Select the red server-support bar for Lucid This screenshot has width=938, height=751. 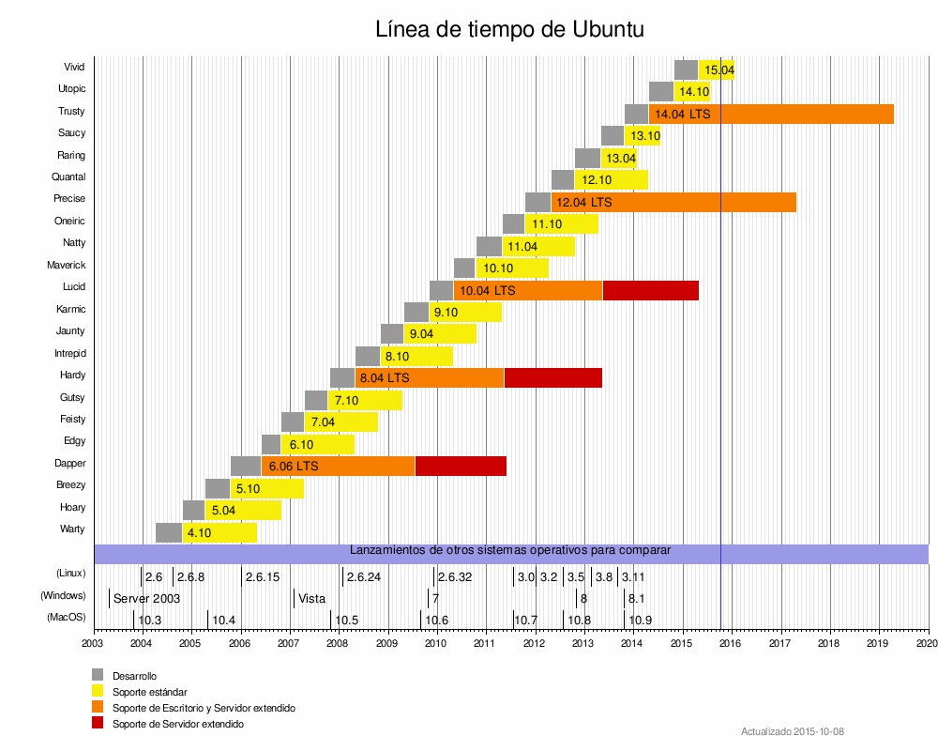click(650, 290)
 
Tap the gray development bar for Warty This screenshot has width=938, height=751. click(169, 532)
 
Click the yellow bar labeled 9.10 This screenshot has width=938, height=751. click(465, 312)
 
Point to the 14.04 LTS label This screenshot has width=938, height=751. click(682, 114)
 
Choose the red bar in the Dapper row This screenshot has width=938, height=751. click(461, 466)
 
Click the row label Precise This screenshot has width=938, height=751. click(69, 199)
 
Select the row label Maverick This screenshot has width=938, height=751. click(67, 265)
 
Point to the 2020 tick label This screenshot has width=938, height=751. click(927, 643)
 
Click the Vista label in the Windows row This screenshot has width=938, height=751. click(311, 598)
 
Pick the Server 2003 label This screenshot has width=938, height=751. click(146, 598)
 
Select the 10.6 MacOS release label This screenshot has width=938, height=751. click(437, 620)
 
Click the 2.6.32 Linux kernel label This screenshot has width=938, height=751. click(455, 576)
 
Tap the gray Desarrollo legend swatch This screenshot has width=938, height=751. click(98, 675)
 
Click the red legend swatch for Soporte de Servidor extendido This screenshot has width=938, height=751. click(98, 724)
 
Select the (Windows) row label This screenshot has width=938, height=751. click(63, 595)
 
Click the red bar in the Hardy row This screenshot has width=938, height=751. click(552, 377)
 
